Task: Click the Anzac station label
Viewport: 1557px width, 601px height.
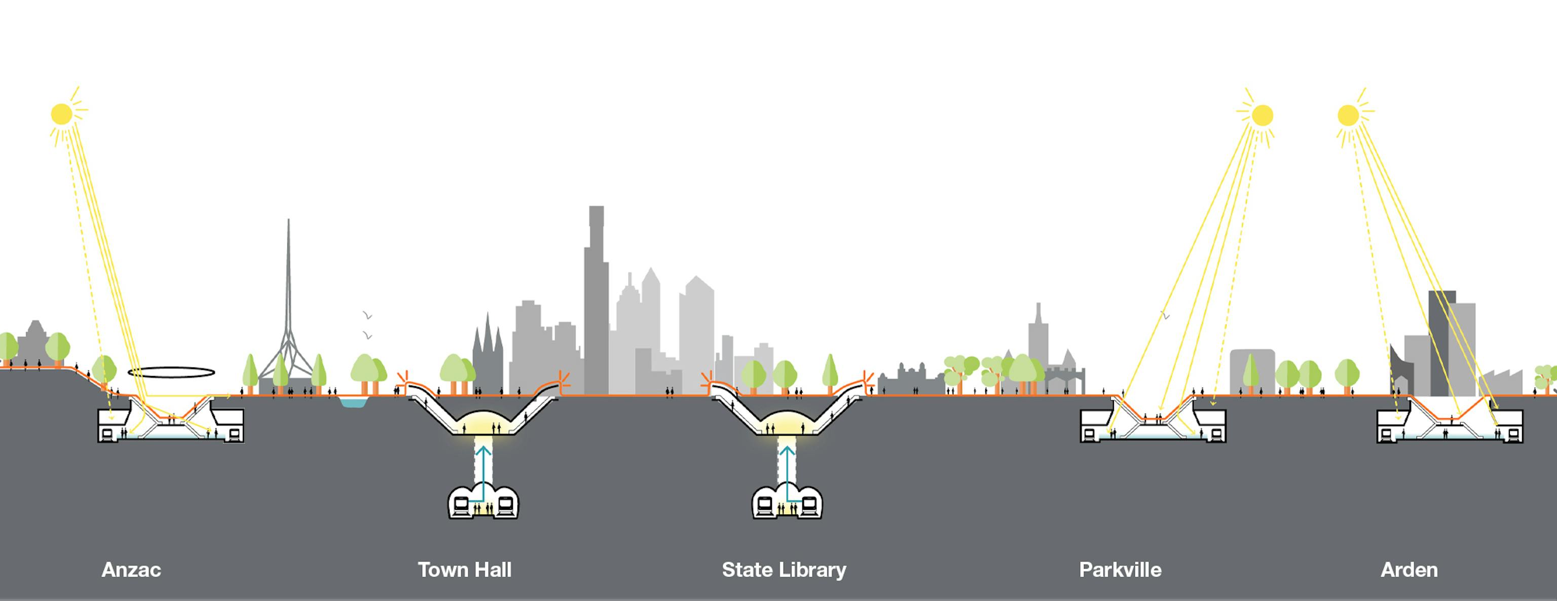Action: click(131, 570)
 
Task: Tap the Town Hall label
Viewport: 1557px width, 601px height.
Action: click(464, 570)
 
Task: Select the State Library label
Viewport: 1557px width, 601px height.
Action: click(784, 570)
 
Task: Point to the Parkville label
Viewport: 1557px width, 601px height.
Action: click(1120, 570)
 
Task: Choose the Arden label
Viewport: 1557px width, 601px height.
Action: click(1409, 570)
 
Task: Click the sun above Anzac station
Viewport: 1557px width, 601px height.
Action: click(62, 114)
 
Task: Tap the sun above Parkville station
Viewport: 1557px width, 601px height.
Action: click(1262, 116)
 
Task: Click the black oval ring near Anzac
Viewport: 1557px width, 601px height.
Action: click(171, 372)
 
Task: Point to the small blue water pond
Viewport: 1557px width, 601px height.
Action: click(352, 402)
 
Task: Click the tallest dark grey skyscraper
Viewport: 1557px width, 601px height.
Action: click(596, 302)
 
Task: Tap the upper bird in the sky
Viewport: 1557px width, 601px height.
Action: click(367, 315)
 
